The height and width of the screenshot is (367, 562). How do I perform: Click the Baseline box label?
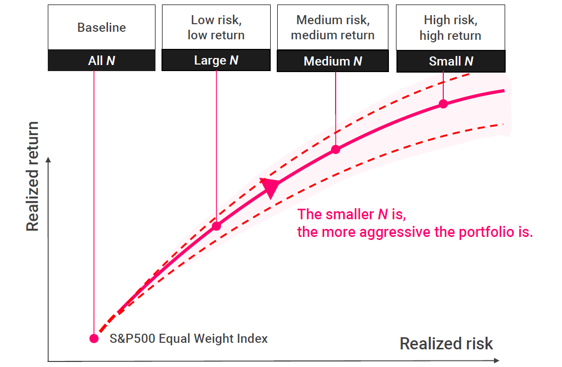click(x=102, y=27)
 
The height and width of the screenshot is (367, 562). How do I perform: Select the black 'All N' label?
click(x=102, y=61)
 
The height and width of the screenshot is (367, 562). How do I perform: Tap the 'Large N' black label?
click(x=216, y=60)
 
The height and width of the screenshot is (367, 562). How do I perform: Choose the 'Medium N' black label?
click(x=333, y=62)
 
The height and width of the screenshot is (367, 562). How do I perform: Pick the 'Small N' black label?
click(x=451, y=62)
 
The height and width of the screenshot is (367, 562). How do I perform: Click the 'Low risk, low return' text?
click(x=216, y=27)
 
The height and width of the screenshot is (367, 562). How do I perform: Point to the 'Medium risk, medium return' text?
click(x=333, y=27)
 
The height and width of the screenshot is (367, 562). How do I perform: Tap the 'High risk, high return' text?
click(x=450, y=27)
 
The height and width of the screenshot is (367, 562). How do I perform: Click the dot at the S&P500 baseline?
click(x=94, y=338)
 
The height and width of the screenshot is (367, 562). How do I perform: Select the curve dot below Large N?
click(x=216, y=226)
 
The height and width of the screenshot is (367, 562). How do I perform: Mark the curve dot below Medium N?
click(x=336, y=150)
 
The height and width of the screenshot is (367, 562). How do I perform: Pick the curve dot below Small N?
click(x=443, y=104)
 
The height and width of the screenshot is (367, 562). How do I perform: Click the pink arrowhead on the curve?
click(x=270, y=188)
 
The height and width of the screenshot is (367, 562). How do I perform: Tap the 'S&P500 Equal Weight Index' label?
click(x=189, y=339)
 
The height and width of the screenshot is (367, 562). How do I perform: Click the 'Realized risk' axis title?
click(x=446, y=344)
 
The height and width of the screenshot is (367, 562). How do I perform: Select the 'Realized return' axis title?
click(x=33, y=176)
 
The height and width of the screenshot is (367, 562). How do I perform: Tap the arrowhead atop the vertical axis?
click(x=48, y=160)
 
